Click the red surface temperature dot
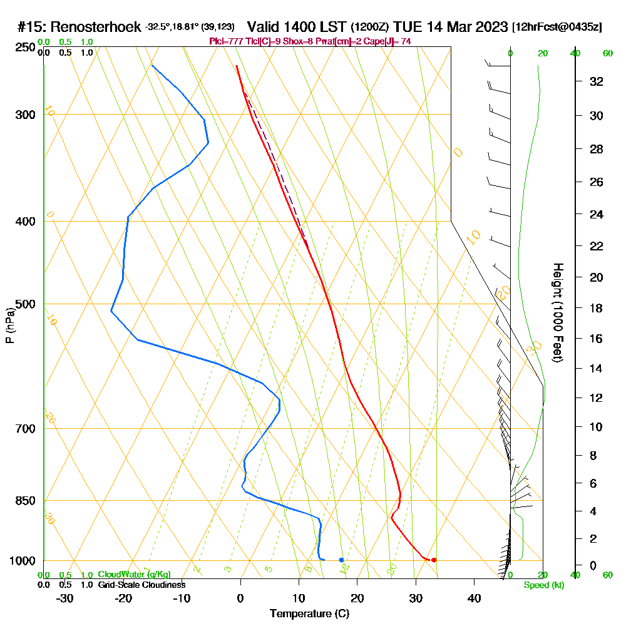click(434, 560)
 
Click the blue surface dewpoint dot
click(341, 560)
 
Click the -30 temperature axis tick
click(65, 598)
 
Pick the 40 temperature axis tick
click(474, 598)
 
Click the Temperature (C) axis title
click(309, 613)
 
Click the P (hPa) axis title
click(9, 326)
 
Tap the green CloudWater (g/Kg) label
click(134, 575)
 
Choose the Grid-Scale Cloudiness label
click(141, 585)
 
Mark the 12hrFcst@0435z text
click(557, 28)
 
